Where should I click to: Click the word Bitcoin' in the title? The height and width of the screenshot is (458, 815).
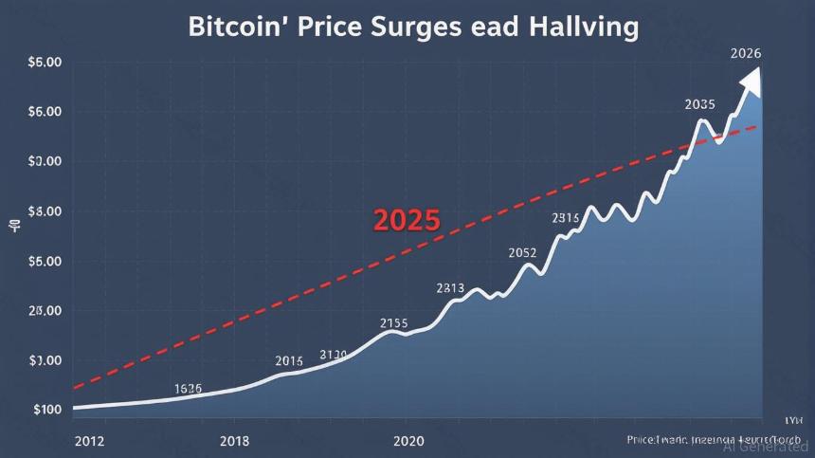(239, 27)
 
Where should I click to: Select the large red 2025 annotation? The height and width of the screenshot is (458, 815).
(407, 221)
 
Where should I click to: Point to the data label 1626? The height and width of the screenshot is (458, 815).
(190, 389)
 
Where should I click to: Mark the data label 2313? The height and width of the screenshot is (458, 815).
(450, 287)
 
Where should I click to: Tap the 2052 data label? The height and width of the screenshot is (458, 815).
(522, 253)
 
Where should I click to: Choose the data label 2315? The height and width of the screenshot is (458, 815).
(565, 218)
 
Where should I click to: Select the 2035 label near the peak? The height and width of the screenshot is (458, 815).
(699, 104)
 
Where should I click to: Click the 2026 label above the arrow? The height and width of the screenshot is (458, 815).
(747, 53)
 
